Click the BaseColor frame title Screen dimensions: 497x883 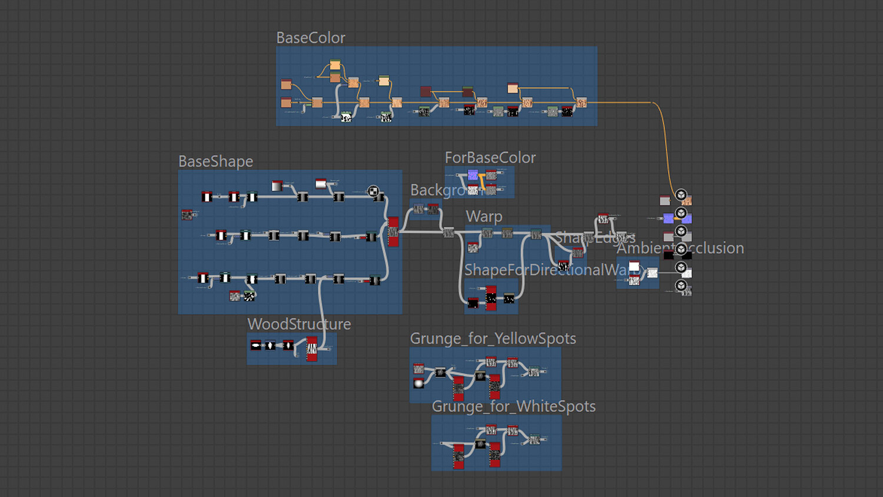pos(310,38)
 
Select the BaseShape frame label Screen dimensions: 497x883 pos(215,161)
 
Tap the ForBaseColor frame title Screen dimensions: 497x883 pos(490,158)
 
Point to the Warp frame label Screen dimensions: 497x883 pos(484,217)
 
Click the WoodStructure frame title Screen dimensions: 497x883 pos(299,324)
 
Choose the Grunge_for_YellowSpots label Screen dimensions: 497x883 pos(493,339)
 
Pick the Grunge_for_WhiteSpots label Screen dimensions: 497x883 pos(513,406)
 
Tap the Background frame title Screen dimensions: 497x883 pos(439,190)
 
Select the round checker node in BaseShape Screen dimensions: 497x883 pos(373,191)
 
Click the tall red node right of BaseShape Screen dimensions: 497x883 pos(393,231)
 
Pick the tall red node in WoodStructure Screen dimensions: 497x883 pos(312,349)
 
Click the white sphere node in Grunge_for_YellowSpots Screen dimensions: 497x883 pos(419,383)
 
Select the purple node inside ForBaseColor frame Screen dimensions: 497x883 pos(473,175)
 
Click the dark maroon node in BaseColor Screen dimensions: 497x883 pos(426,91)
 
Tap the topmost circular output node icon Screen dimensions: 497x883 pos(681,195)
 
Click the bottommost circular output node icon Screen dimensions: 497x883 pos(681,286)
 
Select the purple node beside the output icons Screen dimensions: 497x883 pos(668,218)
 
